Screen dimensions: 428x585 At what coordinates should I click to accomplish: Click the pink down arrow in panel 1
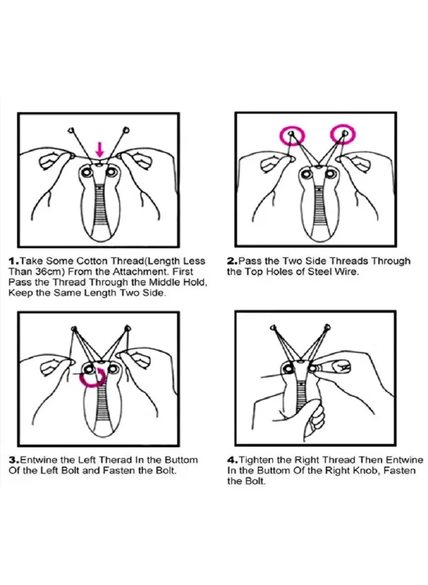click(99, 149)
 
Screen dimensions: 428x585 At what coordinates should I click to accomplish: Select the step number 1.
click(13, 261)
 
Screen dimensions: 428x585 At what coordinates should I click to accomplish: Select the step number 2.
click(232, 261)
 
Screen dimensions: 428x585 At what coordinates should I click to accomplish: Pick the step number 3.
click(13, 460)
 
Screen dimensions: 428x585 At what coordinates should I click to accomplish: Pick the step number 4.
click(232, 460)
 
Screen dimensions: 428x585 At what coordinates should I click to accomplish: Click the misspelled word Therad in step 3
click(116, 460)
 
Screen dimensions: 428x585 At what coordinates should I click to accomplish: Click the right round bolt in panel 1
click(111, 172)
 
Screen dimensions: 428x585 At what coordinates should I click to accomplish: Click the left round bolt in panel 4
click(288, 369)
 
